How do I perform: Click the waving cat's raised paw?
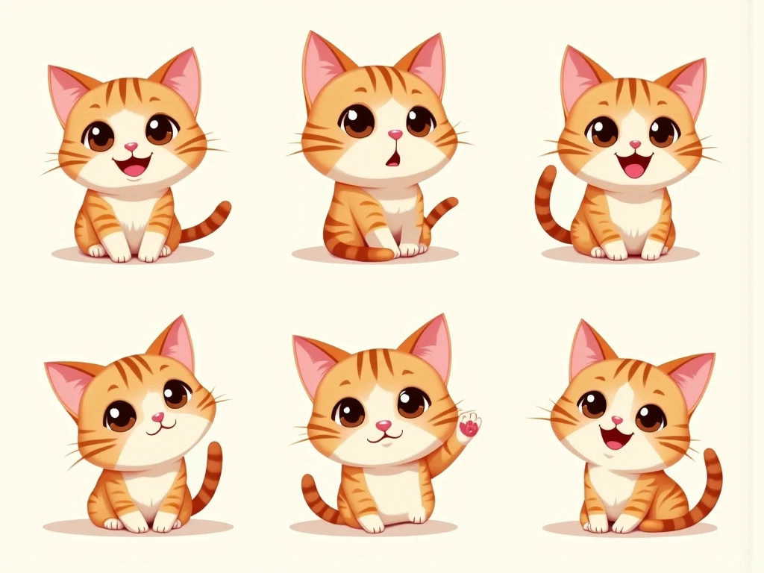coord(469,427)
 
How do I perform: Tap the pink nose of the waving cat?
coord(383,425)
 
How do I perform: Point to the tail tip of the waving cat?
coord(307,482)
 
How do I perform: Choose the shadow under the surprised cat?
coord(373,255)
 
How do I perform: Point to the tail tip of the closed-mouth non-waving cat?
coord(216,448)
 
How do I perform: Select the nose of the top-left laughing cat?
coord(131,147)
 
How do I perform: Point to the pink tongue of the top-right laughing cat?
coord(633,169)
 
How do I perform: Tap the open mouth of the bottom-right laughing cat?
coord(616,438)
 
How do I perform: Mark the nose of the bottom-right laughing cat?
coord(616,420)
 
